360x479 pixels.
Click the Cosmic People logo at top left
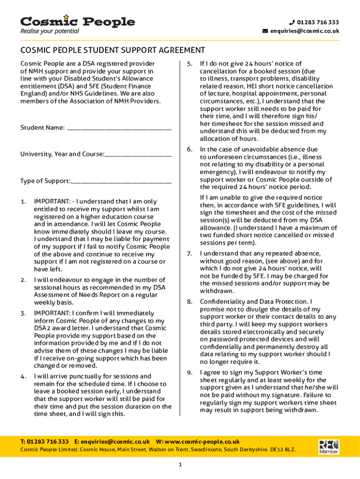coord(77,22)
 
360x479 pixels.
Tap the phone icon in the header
coord(292,22)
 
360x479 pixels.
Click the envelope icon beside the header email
coord(265,31)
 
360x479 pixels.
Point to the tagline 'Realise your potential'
coord(50,31)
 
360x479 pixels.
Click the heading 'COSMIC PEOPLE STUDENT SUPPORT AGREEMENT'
coord(113,50)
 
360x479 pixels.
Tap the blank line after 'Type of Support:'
coord(121,181)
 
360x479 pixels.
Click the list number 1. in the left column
coord(23,202)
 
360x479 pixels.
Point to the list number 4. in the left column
coord(23,377)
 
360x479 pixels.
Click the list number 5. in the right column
coord(190,64)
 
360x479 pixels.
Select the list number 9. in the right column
coord(190,373)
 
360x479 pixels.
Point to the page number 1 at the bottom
coord(180,464)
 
